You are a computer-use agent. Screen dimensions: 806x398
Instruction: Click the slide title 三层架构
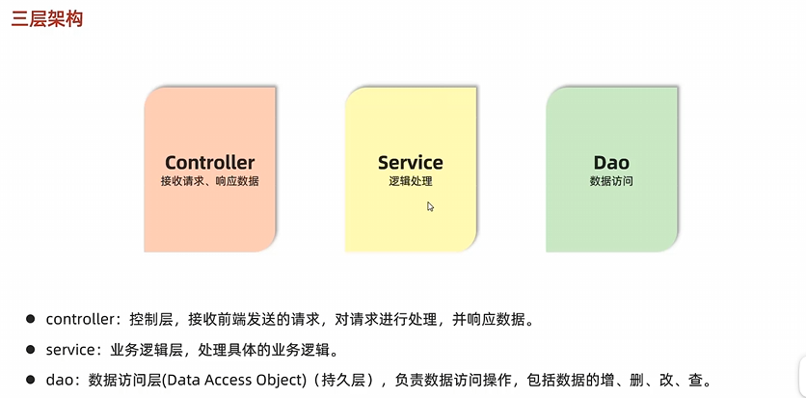(46, 19)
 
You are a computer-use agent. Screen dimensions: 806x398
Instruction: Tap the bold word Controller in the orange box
(209, 162)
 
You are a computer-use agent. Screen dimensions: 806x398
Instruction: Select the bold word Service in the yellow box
(411, 162)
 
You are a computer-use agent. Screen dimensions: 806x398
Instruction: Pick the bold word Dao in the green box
(611, 162)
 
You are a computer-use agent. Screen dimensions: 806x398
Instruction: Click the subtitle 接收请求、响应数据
(209, 181)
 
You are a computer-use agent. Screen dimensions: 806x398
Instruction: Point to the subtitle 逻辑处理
(411, 181)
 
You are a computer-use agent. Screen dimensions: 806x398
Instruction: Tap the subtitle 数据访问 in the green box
(611, 181)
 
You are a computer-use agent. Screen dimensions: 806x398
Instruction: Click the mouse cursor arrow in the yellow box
(430, 205)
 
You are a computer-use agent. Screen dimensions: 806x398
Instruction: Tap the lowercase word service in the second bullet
(70, 349)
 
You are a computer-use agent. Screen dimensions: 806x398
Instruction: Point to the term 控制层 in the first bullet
(153, 318)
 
